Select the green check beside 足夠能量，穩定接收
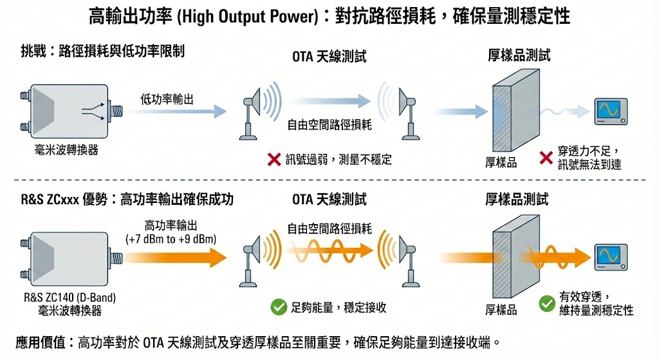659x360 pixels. [278, 307]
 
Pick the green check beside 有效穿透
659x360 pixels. [547, 302]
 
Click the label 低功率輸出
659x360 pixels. [167, 99]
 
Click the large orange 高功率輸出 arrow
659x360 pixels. [174, 258]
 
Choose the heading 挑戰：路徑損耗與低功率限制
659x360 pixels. [102, 51]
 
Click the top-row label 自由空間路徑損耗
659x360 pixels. [329, 125]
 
